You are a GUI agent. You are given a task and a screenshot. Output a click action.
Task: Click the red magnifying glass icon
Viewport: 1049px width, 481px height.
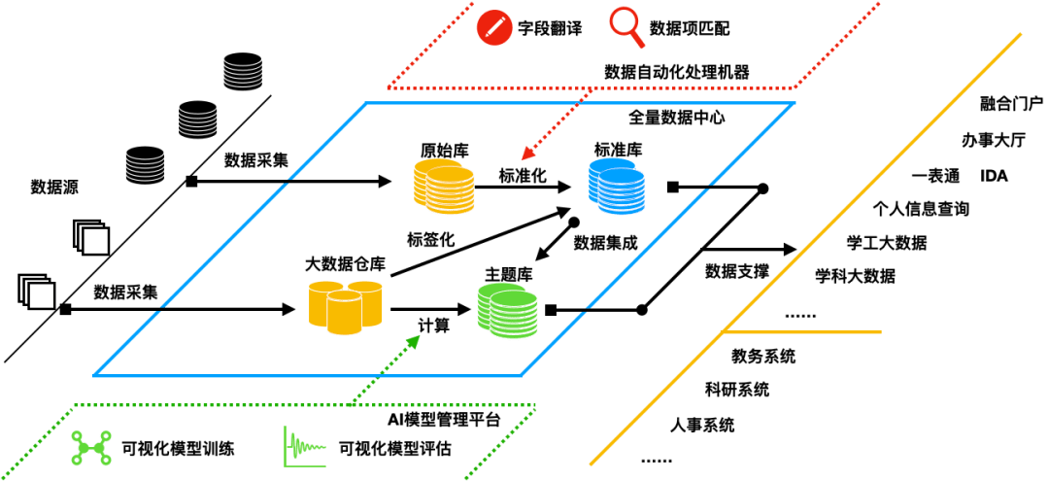pyautogui.click(x=625, y=26)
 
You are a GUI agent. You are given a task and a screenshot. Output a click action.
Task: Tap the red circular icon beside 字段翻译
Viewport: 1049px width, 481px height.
pyautogui.click(x=494, y=26)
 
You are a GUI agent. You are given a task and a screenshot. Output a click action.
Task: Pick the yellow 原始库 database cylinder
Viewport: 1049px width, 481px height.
pyautogui.click(x=445, y=186)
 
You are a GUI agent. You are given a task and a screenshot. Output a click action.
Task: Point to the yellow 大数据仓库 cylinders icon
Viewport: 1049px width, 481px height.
pyautogui.click(x=345, y=305)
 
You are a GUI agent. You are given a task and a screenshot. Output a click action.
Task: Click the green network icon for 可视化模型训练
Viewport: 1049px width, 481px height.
pyautogui.click(x=91, y=448)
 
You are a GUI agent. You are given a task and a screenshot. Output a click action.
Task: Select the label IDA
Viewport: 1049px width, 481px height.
pyautogui.click(x=995, y=176)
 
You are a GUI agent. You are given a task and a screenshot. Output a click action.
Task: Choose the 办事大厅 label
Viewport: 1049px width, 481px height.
pyautogui.click(x=993, y=140)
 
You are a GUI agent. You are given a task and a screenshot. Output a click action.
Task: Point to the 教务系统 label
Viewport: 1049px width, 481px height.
pyautogui.click(x=763, y=357)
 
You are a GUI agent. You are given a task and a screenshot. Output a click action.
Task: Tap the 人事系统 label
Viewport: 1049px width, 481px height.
pyautogui.click(x=702, y=425)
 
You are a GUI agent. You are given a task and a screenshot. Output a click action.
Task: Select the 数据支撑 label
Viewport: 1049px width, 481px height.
pyautogui.click(x=737, y=271)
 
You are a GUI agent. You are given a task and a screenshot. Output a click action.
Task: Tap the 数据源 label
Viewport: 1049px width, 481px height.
pyautogui.click(x=53, y=186)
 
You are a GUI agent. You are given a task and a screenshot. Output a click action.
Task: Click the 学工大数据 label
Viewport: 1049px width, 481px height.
pyautogui.click(x=886, y=242)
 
